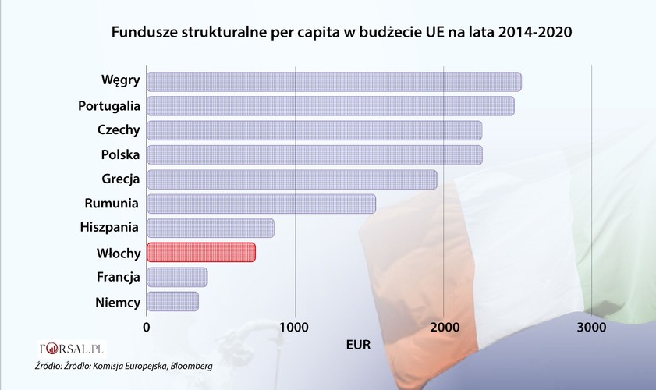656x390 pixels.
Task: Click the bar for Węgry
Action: point(334,82)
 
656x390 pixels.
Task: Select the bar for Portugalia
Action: point(330,106)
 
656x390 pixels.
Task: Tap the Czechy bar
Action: point(314,130)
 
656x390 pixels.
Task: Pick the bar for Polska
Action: point(314,154)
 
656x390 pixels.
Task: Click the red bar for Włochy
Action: point(201,252)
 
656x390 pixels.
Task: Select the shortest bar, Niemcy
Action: point(172,301)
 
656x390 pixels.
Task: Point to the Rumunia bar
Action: point(261,204)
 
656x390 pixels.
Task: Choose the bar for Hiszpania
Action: point(210,228)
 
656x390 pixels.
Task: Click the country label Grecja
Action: point(120,179)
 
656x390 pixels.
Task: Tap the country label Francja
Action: point(118,277)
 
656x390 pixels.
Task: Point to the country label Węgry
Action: point(120,81)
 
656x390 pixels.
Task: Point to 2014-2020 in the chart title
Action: point(535,34)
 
